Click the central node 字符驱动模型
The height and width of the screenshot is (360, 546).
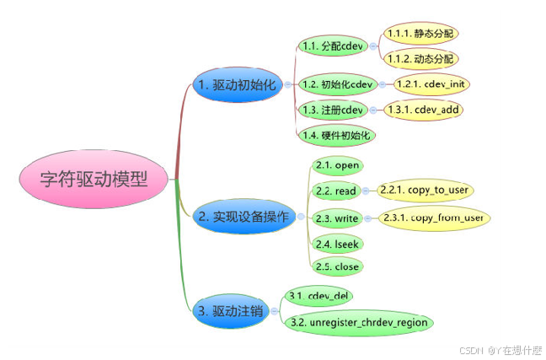(x=94, y=180)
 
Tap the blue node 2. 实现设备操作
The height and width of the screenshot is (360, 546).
(x=242, y=218)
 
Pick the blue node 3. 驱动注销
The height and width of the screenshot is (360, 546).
(x=229, y=310)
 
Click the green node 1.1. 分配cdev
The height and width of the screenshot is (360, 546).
(x=332, y=46)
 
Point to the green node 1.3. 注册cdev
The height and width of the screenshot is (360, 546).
(x=332, y=110)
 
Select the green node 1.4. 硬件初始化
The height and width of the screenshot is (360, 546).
(x=337, y=135)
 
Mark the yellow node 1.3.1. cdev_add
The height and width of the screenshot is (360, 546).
(x=424, y=110)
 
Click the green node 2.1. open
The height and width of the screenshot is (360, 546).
(x=336, y=166)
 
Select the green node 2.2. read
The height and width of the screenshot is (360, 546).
(x=335, y=191)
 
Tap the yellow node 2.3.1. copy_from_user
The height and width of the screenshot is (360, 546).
(x=433, y=218)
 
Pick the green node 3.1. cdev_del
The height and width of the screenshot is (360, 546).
(x=318, y=296)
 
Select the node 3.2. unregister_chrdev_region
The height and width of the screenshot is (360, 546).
(x=357, y=322)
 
